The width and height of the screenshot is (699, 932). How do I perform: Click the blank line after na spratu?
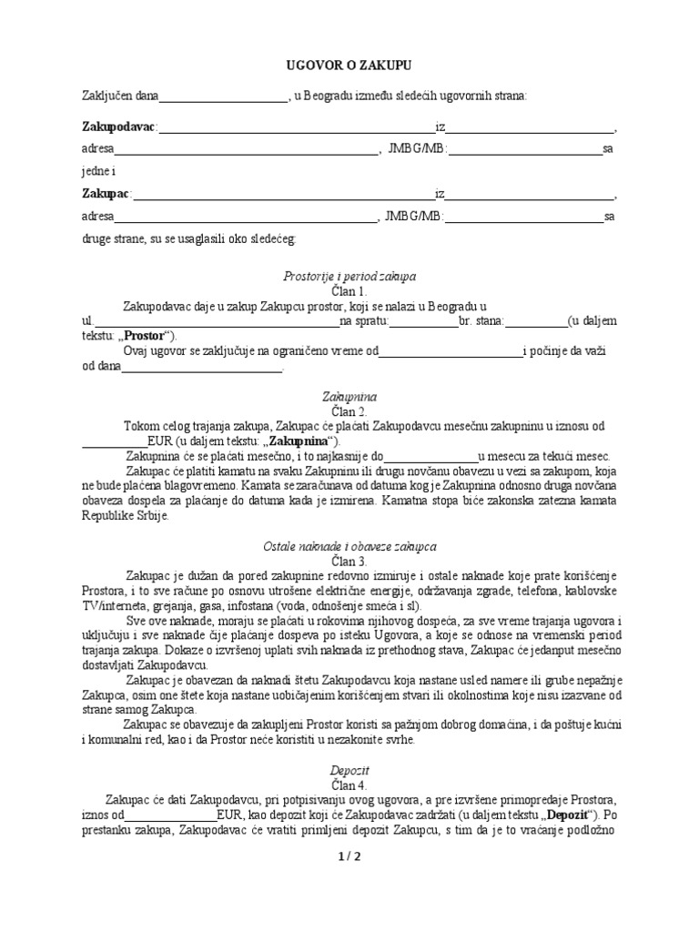tap(424, 321)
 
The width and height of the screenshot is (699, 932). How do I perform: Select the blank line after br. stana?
tap(535, 321)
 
